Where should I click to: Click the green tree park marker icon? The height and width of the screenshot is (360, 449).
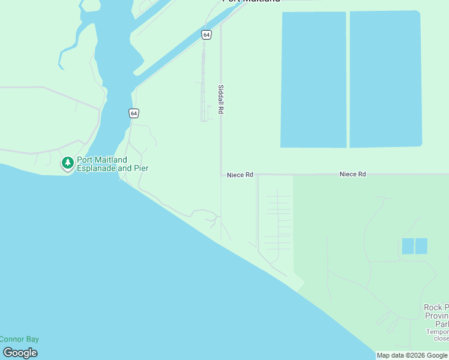click(68, 163)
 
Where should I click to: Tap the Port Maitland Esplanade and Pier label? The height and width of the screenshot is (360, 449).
click(112, 164)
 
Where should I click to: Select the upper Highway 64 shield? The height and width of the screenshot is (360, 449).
click(206, 35)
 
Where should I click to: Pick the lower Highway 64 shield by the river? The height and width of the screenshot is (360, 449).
click(133, 113)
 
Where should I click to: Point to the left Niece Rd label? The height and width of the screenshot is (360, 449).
click(240, 175)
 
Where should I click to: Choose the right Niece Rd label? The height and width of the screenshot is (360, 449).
click(352, 174)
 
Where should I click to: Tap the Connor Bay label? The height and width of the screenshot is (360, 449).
click(19, 339)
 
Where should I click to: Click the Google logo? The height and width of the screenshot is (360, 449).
click(20, 353)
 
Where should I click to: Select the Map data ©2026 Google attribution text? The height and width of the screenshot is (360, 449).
click(412, 355)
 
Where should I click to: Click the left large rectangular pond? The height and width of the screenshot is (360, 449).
click(313, 79)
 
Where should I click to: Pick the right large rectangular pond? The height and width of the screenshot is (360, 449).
click(385, 79)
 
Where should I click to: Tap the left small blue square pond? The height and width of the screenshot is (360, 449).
click(408, 246)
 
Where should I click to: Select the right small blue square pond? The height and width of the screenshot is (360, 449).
click(421, 246)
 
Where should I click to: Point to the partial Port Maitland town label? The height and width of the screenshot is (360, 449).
click(251, 1)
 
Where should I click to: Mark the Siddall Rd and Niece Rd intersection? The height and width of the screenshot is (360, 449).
click(221, 175)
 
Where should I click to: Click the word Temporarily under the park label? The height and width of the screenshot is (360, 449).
click(438, 332)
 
